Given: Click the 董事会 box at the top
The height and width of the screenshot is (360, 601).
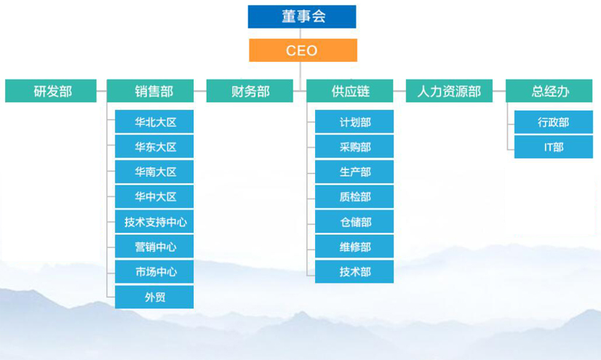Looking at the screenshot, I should pos(302,17).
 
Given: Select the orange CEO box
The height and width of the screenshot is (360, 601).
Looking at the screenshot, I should pos(302,50).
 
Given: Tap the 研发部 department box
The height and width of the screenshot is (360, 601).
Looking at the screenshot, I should pos(52,91).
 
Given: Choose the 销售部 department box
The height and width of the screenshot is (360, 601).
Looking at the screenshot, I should pos(153,91).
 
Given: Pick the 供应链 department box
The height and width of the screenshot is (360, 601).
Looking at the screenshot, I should pos(350,91).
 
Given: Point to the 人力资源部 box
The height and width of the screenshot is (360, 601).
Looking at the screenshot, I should pos(449,91).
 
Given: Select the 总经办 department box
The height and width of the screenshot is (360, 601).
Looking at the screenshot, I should pos(549,91).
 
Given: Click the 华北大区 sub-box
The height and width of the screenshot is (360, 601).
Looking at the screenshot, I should pos(155,122).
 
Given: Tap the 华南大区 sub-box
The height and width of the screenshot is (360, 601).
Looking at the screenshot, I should pos(155,172).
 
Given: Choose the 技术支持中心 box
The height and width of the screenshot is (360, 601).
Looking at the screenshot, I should pos(155,222).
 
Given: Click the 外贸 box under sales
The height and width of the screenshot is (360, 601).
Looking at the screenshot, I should pos(155,297).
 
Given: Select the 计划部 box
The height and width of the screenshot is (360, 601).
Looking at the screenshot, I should pos(354,122).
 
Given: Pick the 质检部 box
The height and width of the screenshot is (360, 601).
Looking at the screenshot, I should pos(354,197).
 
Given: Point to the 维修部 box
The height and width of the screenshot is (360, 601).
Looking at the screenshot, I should pos(354,247).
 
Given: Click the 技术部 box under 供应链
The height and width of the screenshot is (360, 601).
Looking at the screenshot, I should pos(354,272).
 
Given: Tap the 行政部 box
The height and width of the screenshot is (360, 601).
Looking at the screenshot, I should pos(553,122).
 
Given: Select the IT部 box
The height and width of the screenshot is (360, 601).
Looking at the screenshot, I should pos(553,147).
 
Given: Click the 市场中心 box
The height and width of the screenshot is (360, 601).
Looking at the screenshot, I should pos(155,272).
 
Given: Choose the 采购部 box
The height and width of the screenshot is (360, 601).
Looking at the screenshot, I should pos(354,147).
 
